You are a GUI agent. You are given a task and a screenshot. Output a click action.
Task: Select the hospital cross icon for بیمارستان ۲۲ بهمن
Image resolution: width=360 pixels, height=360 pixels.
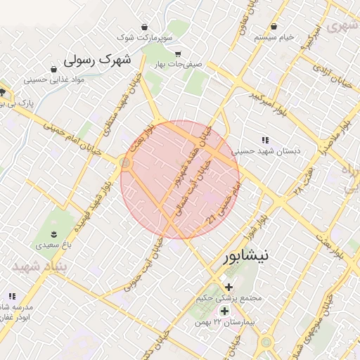pos(224,311)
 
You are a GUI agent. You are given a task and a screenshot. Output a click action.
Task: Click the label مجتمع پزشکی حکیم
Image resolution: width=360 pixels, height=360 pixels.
pos(230,298)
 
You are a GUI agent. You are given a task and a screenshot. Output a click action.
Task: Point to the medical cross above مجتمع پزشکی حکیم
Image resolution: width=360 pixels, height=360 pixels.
pos(229,286)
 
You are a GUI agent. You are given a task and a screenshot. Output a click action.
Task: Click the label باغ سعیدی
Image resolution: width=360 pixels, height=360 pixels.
pos(54,246)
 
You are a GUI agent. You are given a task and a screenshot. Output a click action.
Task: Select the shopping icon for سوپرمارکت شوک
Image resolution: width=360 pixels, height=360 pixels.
pos(145,27)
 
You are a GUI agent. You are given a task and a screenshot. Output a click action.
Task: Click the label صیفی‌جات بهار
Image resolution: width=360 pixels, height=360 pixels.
pos(179,65)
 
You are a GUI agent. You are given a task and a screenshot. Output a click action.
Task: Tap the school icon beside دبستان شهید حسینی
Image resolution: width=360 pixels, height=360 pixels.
pos(265,140)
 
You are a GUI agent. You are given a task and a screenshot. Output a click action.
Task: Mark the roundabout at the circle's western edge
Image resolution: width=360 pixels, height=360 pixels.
pos(126,163)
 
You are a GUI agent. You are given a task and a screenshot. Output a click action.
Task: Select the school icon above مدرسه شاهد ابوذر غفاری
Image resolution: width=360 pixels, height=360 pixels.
pos(11,297)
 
